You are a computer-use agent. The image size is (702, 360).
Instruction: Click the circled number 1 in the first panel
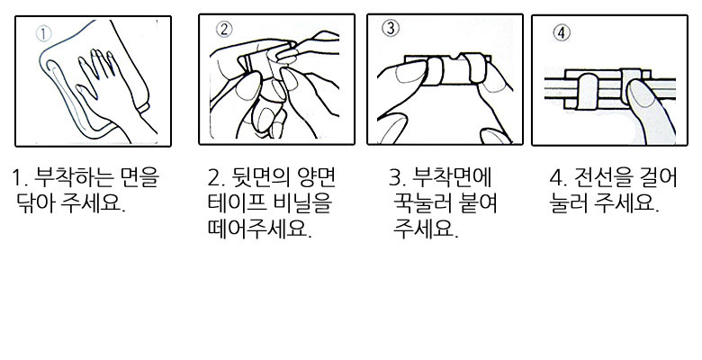coord(43,33)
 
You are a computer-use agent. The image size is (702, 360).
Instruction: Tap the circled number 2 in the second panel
coord(224,29)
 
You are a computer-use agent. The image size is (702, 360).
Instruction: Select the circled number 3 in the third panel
coord(391,28)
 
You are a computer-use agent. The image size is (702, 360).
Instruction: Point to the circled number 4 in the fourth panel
coord(562,32)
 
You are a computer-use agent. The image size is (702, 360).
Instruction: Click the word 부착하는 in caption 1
coord(76,178)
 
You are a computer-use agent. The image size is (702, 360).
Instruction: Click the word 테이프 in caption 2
coord(237,203)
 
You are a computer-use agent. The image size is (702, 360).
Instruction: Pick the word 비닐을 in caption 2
coord(302,203)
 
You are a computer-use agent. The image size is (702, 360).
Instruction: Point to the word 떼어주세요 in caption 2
coord(258,229)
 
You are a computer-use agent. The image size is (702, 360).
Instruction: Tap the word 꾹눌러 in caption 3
coord(422,203)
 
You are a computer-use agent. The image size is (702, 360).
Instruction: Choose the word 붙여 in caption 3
coord(478,203)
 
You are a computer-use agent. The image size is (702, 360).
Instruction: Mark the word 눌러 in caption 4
coord(568,203)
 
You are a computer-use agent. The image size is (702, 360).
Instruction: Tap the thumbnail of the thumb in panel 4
coord(642,94)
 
